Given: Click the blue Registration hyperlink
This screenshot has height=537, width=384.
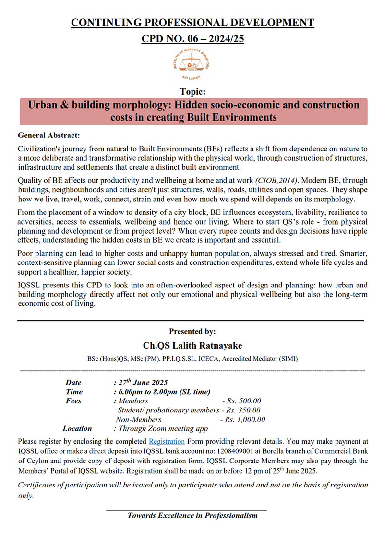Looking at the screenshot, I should pos(167,441).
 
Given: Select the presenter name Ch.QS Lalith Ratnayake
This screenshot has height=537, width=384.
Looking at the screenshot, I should pos(192,345).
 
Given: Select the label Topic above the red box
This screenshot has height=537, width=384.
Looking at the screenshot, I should pos(193,91).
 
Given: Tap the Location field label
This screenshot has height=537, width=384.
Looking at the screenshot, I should pos(77,428).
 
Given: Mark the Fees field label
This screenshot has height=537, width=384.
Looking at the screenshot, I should pos(73,401).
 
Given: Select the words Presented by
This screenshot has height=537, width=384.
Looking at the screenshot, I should pos(192,331).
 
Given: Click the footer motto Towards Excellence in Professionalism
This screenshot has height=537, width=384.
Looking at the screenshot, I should pos(192,515).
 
